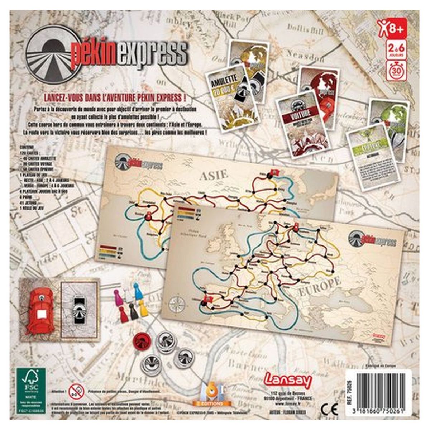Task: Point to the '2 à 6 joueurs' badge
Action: point(395,50)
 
